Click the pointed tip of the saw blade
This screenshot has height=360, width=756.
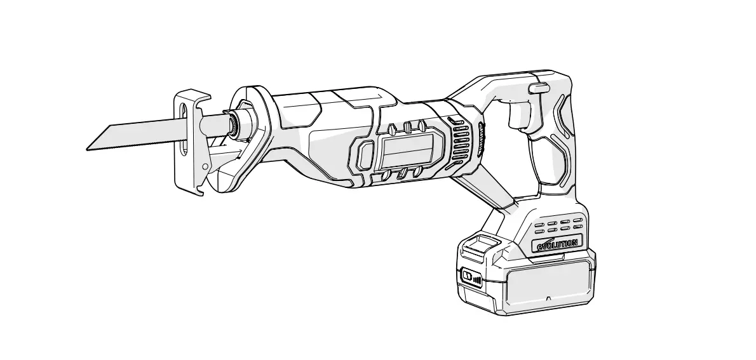(x=88, y=149)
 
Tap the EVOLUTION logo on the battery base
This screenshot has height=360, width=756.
(x=557, y=244)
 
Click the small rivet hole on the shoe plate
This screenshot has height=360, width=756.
(x=205, y=166)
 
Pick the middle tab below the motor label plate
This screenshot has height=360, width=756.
(x=402, y=173)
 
